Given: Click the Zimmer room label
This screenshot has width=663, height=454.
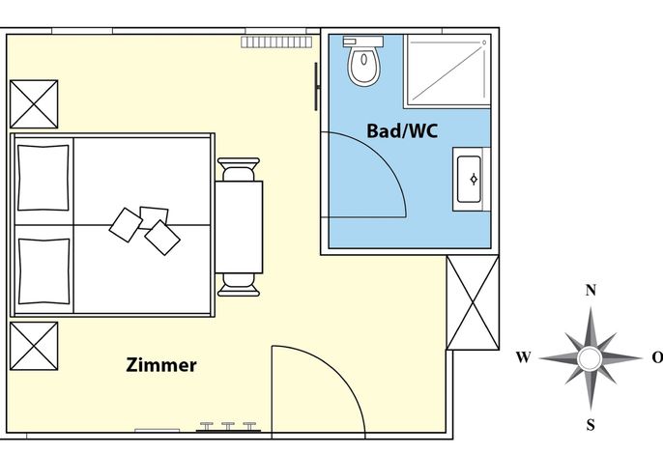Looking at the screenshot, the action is [161, 365].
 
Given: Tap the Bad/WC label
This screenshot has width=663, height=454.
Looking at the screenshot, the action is [402, 131].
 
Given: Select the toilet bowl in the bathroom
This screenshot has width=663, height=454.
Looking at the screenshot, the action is [363, 66].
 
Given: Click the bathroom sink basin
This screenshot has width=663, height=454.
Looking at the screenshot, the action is [469, 180].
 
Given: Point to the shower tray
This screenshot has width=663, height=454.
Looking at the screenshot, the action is [447, 71].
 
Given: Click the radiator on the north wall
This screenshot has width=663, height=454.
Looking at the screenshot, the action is [276, 42].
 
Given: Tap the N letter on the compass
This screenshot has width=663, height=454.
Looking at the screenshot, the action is [591, 291].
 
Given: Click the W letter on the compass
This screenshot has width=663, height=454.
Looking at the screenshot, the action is [523, 357].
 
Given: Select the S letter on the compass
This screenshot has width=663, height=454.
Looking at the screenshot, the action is [591, 424].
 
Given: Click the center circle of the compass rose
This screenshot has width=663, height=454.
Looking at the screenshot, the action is [589, 358].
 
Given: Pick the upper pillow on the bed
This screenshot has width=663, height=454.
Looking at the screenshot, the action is [43, 178].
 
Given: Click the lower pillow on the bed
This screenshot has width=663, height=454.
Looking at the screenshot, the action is [43, 271].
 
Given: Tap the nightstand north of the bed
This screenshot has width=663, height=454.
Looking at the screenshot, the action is [34, 104].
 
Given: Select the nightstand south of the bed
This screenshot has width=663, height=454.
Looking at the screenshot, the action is [34, 346].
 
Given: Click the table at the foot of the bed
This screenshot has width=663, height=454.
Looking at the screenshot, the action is [239, 227].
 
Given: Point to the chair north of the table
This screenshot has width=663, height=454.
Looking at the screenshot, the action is [239, 169].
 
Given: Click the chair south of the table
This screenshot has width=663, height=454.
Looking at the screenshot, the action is [239, 285].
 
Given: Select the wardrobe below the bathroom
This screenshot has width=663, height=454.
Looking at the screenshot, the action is [473, 302].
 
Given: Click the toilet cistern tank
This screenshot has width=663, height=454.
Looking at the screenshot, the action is [363, 42].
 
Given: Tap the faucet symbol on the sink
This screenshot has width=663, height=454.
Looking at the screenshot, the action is [474, 180].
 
